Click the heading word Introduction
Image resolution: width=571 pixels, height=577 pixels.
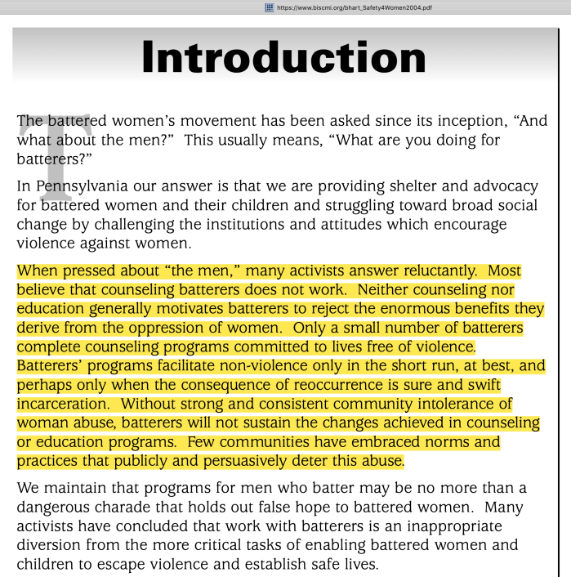pyautogui.click(x=283, y=58)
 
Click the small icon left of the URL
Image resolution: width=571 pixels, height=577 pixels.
pyautogui.click(x=269, y=7)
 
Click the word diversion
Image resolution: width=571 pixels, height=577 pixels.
pyautogui.click(x=51, y=545)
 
